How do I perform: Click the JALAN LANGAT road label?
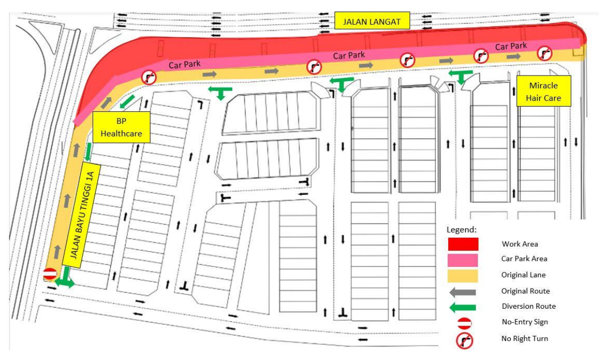pyautogui.click(x=372, y=22)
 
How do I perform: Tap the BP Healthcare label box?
pyautogui.click(x=121, y=127)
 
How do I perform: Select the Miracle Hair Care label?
pyautogui.click(x=544, y=91)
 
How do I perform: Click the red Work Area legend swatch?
pyautogui.click(x=463, y=244)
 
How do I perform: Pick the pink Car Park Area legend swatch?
pyautogui.click(x=463, y=259)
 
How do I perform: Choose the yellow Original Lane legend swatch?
pyautogui.click(x=463, y=275)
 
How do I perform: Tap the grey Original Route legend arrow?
pyautogui.click(x=463, y=291)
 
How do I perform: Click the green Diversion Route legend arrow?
pyautogui.click(x=463, y=307)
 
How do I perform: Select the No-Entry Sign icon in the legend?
pyautogui.click(x=464, y=323)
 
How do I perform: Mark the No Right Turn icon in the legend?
pyautogui.click(x=464, y=340)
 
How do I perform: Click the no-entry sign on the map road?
pyautogui.click(x=49, y=274)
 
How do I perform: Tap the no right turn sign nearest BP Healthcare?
pyautogui.click(x=149, y=77)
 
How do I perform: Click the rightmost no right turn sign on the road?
pyautogui.click(x=544, y=52)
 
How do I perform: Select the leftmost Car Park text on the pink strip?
pyautogui.click(x=181, y=64)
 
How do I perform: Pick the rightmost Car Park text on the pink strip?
pyautogui.click(x=511, y=46)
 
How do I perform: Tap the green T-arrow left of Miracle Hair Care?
pyautogui.click(x=461, y=77)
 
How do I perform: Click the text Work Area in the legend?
pyautogui.click(x=520, y=244)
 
